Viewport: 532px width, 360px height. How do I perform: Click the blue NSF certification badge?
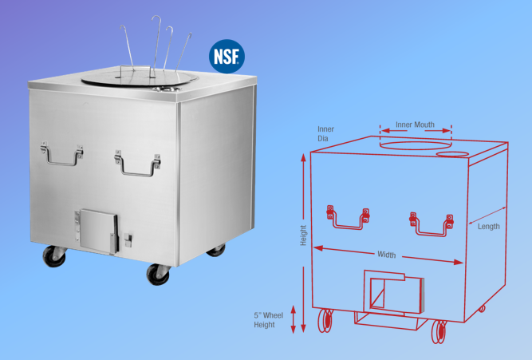click(x=227, y=56)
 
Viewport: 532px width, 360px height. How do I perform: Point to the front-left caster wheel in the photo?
click(x=53, y=257)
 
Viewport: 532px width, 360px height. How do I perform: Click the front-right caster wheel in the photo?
click(x=157, y=273)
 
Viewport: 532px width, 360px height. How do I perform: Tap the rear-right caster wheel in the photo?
click(x=216, y=250)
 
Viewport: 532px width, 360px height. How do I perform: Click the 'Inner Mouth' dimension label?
click(x=415, y=125)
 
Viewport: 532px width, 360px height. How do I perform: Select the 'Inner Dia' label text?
click(x=325, y=133)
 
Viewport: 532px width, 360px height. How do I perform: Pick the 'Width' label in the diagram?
click(x=386, y=255)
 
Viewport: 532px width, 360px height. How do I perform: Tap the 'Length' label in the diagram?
click(x=489, y=226)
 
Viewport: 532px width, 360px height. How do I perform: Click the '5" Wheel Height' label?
click(x=268, y=320)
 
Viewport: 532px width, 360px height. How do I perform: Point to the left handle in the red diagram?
click(x=347, y=217)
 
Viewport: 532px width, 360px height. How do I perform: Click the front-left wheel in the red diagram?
click(x=326, y=322)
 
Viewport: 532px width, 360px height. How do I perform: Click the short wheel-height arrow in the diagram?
click(x=294, y=318)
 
